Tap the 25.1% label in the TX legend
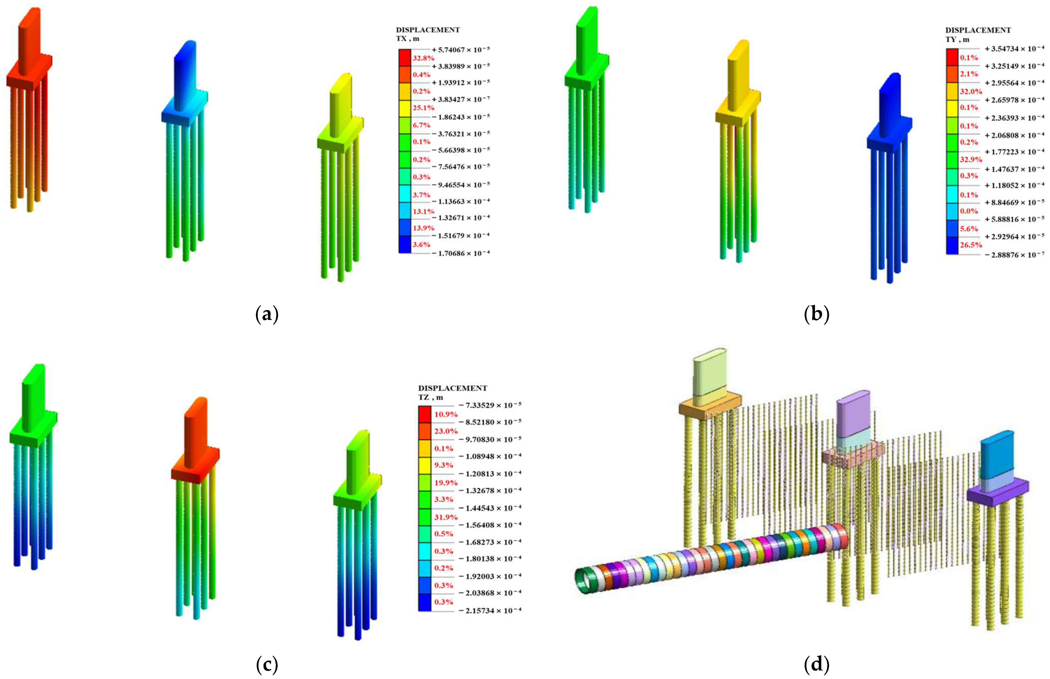pyautogui.click(x=423, y=107)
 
